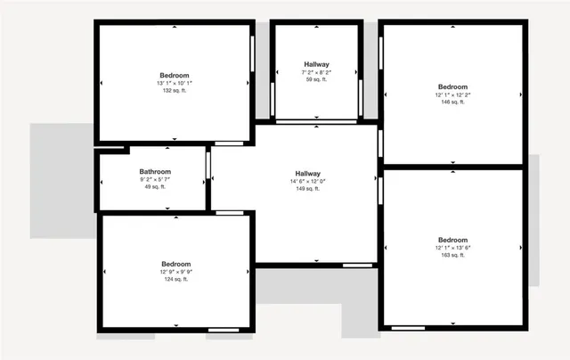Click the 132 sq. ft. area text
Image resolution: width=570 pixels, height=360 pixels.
coord(175,91)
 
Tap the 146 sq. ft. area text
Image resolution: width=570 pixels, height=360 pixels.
coord(452,102)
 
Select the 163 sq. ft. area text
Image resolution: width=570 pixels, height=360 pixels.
coord(452,256)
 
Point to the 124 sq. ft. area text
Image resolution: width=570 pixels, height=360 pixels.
coord(175,280)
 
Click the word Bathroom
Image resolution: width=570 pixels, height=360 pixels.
coord(155,171)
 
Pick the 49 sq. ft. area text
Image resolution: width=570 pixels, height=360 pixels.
coord(155,187)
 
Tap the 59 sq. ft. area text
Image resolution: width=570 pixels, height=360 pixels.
coord(316,80)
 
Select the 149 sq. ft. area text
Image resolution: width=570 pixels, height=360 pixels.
coord(308,189)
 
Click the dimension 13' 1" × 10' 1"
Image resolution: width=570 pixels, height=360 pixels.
coord(175,83)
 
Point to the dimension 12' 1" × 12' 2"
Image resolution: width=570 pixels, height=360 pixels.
coord(452,95)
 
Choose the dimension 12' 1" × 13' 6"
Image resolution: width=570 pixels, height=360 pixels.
coord(452,248)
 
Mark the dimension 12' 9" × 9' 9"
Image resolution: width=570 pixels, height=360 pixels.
coord(175,272)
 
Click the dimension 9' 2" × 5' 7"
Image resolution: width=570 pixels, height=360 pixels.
coord(155,179)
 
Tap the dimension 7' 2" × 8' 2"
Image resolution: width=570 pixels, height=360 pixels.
coord(316,73)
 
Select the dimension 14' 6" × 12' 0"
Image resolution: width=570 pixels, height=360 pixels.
coord(308,181)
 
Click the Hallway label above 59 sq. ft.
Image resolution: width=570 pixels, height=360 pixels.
coord(316,64)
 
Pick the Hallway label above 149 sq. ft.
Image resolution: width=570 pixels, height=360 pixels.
coord(308,173)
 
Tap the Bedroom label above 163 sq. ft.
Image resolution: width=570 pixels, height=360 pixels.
coord(452,240)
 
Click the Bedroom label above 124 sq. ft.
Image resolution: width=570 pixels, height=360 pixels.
coord(175,264)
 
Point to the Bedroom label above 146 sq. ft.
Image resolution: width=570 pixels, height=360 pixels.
coord(452,87)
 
